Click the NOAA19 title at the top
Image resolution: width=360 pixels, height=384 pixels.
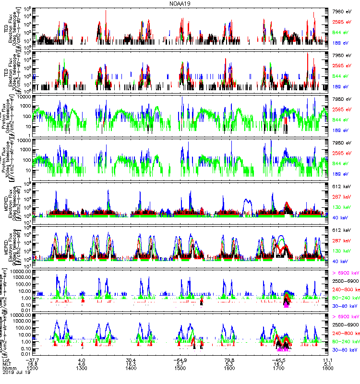tap(180, 3)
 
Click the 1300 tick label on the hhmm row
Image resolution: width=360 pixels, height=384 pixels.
tap(81, 369)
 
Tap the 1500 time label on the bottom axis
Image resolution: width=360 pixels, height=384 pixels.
tap(180, 369)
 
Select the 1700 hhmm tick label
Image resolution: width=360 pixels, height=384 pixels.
tap(279, 369)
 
